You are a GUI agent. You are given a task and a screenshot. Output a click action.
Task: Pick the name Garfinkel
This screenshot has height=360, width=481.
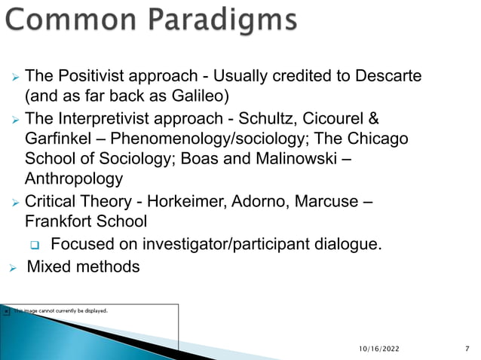coord(56,139)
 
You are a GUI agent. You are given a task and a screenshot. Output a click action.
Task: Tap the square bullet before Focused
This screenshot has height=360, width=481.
coord(34,244)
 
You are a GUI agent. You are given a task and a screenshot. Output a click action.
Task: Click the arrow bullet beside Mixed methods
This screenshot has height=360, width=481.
coord(12,267)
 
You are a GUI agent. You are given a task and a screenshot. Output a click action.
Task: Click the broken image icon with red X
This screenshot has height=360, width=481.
coord(7,310)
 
